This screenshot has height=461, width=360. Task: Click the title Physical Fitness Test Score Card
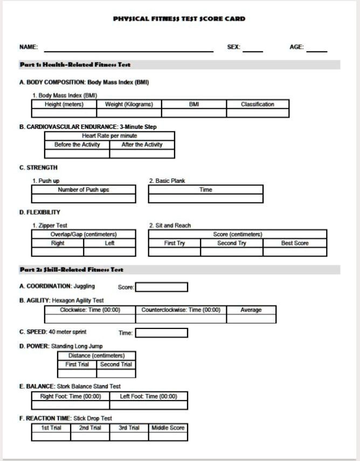pyautogui.click(x=179, y=19)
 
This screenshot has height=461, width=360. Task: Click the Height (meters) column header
pyautogui.click(x=64, y=105)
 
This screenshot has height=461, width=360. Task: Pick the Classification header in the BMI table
pyautogui.click(x=257, y=105)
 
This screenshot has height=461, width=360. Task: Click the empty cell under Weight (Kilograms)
pyautogui.click(x=129, y=113)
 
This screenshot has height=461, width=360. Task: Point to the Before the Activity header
pyautogui.click(x=77, y=145)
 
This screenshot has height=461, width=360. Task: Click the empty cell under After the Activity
pyautogui.click(x=142, y=154)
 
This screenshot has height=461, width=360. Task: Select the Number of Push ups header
pyautogui.click(x=84, y=190)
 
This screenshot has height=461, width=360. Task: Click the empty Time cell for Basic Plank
pyautogui.click(x=206, y=198)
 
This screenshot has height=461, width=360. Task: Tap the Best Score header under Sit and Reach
pyautogui.click(x=295, y=243)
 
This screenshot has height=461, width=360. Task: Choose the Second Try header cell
pyautogui.click(x=231, y=243)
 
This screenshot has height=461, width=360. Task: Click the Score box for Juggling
pyautogui.click(x=161, y=287)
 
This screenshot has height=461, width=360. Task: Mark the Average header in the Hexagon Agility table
pyautogui.click(x=251, y=310)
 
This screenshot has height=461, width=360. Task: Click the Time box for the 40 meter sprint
pyautogui.click(x=161, y=333)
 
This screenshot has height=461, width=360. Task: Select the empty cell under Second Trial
pyautogui.click(x=116, y=373)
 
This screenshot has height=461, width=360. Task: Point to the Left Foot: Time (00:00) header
pyautogui.click(x=148, y=396)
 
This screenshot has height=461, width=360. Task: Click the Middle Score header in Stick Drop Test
pyautogui.click(x=168, y=428)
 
